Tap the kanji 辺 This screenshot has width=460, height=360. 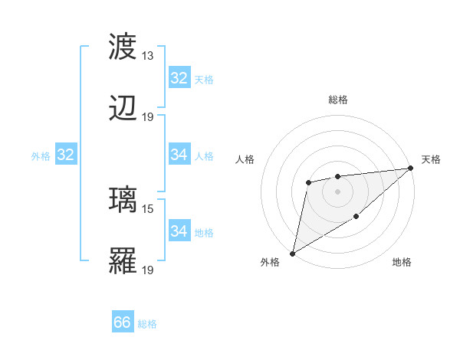click(123, 109)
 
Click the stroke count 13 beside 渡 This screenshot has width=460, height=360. click(148, 56)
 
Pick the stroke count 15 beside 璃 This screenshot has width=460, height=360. click(148, 208)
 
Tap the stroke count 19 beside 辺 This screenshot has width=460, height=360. click(148, 117)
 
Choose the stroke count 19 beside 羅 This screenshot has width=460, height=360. click(148, 270)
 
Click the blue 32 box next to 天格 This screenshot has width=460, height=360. click(179, 78)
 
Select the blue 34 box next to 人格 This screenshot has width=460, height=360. click(179, 155)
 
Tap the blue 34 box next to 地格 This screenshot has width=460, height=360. click(179, 231)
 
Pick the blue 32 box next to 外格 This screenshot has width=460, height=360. click(66, 155)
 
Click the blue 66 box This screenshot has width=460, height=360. click(123, 323)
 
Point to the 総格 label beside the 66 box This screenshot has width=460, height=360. click(147, 324)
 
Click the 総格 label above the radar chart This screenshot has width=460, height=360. click(337, 100)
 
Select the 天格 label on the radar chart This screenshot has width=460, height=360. click(431, 159)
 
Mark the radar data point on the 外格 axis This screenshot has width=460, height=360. click(292, 253)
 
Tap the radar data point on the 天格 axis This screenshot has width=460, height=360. click(412, 169)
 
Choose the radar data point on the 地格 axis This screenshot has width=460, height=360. click(356, 218)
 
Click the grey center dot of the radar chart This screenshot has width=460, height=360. click(337, 191)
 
